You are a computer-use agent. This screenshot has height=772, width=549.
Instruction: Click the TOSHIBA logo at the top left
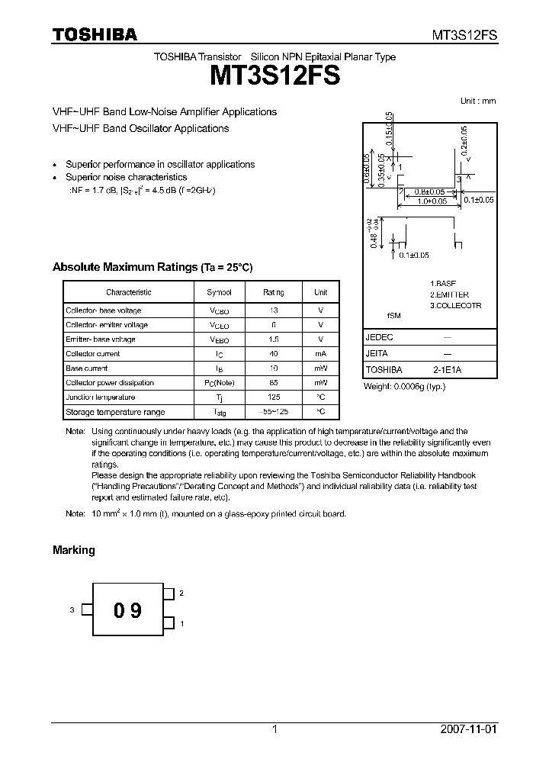pos(95,34)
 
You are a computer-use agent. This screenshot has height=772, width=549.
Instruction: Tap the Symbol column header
pos(219,292)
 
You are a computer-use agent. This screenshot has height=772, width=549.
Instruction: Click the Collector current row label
pos(93,354)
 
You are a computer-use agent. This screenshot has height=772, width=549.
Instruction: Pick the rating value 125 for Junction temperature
pos(274,397)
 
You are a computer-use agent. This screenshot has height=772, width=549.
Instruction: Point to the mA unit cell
pos(321,354)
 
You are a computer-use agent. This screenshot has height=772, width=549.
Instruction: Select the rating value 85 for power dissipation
pos(274,383)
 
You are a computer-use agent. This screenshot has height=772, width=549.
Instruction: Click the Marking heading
pos(73,550)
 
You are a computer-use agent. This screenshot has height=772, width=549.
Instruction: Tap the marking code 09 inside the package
pos(127,610)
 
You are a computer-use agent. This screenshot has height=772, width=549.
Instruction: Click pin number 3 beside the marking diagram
pos(72,610)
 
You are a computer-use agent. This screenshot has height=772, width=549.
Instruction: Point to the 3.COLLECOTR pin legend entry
pos(455,306)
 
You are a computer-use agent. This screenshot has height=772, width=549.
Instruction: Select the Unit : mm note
pos(478,101)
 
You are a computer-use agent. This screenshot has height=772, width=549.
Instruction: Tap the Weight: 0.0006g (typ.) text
pos(405,387)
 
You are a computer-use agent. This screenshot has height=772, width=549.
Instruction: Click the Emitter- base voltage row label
pos(101,339)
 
